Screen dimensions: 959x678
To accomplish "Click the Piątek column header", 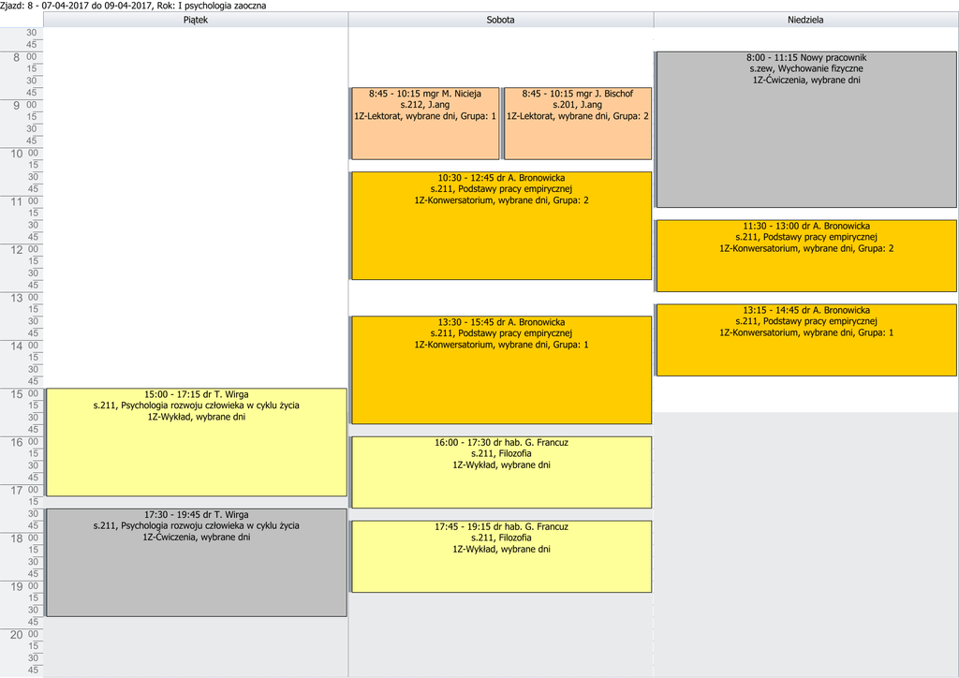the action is tap(196, 20).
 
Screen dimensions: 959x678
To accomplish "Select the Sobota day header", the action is tap(500, 20).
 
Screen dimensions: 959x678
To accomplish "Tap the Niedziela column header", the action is tap(805, 20).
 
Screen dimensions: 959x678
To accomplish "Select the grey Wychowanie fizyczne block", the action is tap(806, 131).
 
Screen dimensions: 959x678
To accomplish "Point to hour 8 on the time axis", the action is tap(15, 58).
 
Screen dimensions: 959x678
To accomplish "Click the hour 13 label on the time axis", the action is tap(15, 298).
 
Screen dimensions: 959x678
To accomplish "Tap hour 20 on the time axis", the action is tap(15, 635).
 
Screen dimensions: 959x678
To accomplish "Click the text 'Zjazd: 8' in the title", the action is tap(18, 6).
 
